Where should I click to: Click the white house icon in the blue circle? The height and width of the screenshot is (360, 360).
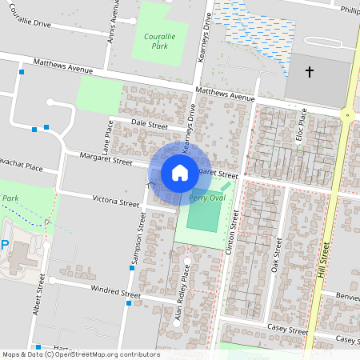coord(180,171)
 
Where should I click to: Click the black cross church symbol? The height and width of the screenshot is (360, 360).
coord(310,73)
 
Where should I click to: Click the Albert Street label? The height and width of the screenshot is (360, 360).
coord(41,293)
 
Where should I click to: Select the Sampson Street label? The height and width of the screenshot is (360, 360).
coord(134,241)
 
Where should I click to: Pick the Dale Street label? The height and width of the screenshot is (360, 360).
coord(149,125)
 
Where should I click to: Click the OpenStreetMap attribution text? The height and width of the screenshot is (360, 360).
coord(80,354)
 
